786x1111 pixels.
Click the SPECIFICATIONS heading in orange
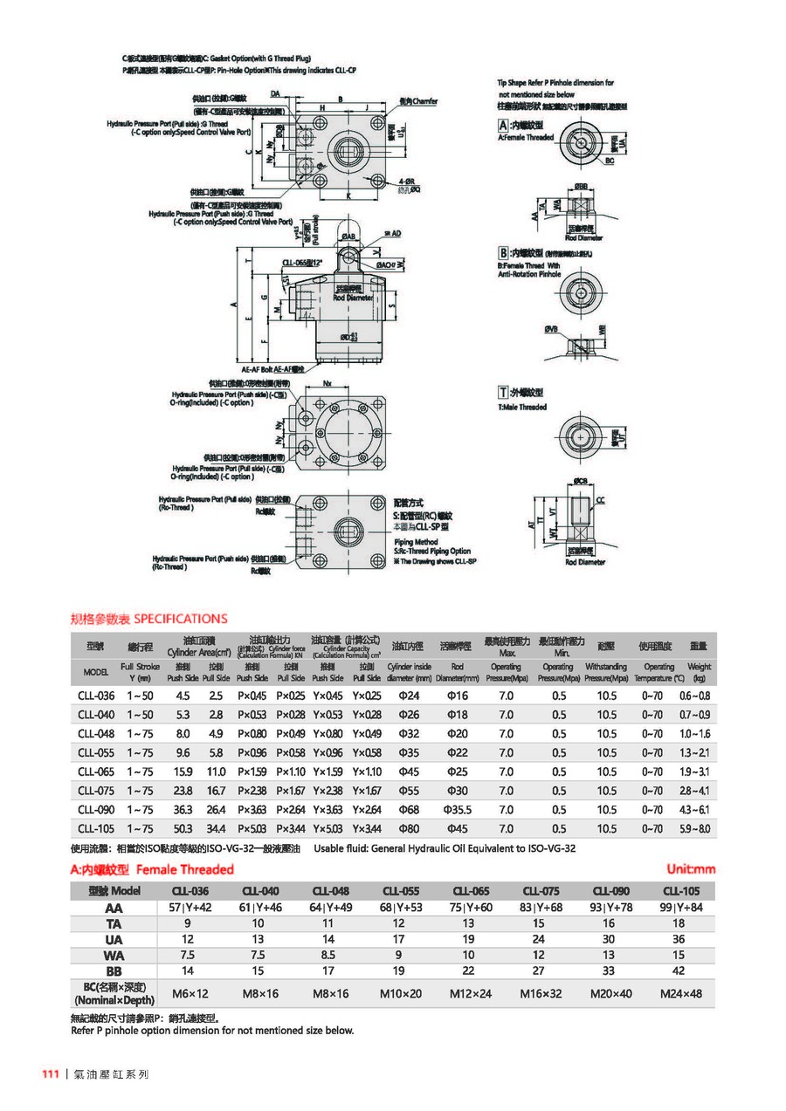[181, 619]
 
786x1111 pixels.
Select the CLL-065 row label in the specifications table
[96, 772]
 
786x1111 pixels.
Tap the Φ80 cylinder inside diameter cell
[410, 828]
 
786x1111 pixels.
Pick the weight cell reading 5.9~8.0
[694, 828]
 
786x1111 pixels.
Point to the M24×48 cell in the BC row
[680, 993]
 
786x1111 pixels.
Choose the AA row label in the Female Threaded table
[114, 908]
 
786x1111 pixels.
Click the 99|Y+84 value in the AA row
[680, 908]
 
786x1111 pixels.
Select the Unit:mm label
[690, 868]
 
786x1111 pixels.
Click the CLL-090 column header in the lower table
[610, 891]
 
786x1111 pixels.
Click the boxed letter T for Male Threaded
[503, 393]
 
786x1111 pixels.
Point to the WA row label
[114, 955]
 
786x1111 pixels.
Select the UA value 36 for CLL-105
[680, 939]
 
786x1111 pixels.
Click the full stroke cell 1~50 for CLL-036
[140, 696]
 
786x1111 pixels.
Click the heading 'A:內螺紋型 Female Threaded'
[152, 869]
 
